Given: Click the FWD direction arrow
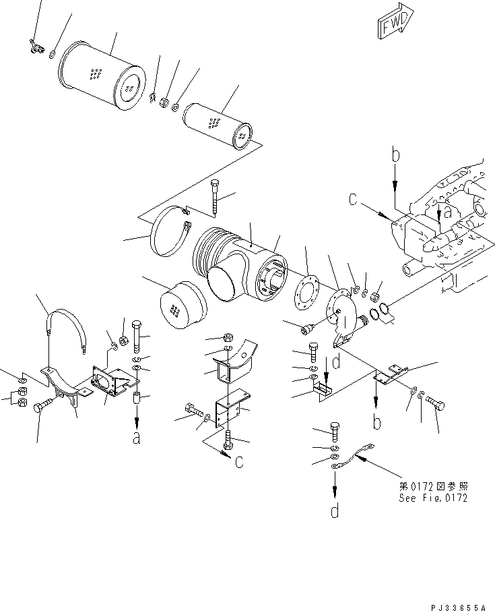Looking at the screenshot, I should (393, 26).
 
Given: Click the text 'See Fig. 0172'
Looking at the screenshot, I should (432, 498).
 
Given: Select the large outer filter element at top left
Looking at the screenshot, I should (102, 71).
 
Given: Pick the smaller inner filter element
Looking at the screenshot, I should (216, 125).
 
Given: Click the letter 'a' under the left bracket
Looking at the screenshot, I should (137, 438).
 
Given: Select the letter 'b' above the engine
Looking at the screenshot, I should (396, 156).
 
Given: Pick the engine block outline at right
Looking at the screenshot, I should (444, 223).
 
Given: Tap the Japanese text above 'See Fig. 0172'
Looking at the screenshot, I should (432, 486).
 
